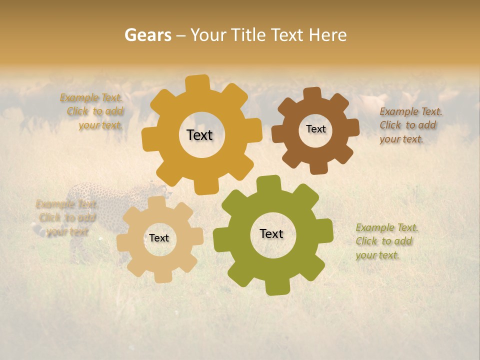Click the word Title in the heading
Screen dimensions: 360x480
point(250,35)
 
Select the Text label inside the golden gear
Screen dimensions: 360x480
point(199,135)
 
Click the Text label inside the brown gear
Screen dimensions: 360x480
point(315,129)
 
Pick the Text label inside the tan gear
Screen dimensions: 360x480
point(159,238)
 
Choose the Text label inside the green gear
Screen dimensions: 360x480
point(271,233)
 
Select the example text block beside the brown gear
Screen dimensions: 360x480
point(410,125)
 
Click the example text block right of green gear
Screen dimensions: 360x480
point(387,241)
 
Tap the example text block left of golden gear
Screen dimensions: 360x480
point(93,111)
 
